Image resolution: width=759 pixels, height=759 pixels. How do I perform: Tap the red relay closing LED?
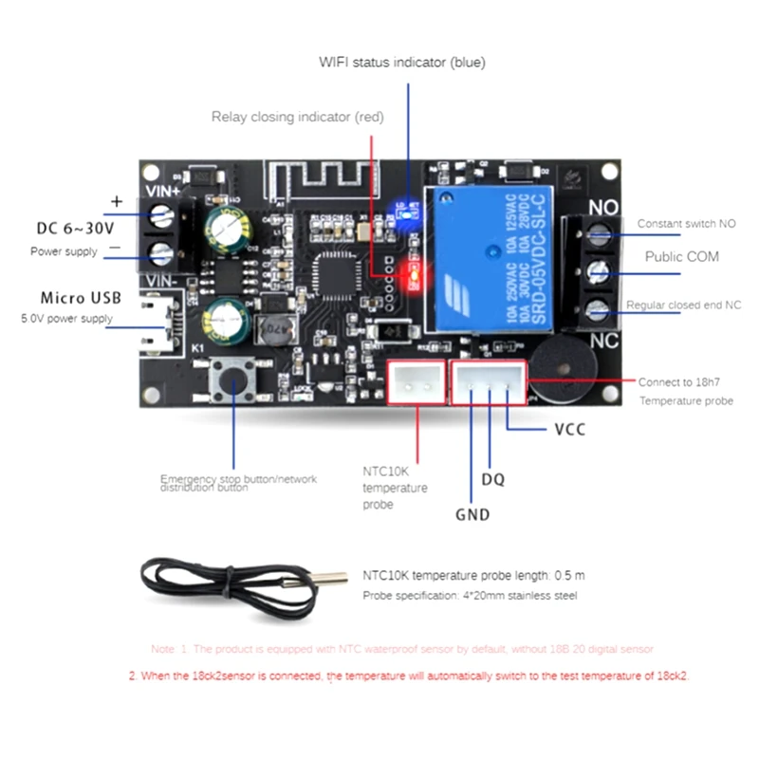pos(413,276)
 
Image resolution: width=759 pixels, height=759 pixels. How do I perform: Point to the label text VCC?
pos(569,430)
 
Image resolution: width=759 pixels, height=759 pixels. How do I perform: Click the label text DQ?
pos(492,480)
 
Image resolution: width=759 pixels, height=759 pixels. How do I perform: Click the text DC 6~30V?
pos(75,229)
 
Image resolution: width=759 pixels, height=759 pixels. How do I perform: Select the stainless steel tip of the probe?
pos(328,577)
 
